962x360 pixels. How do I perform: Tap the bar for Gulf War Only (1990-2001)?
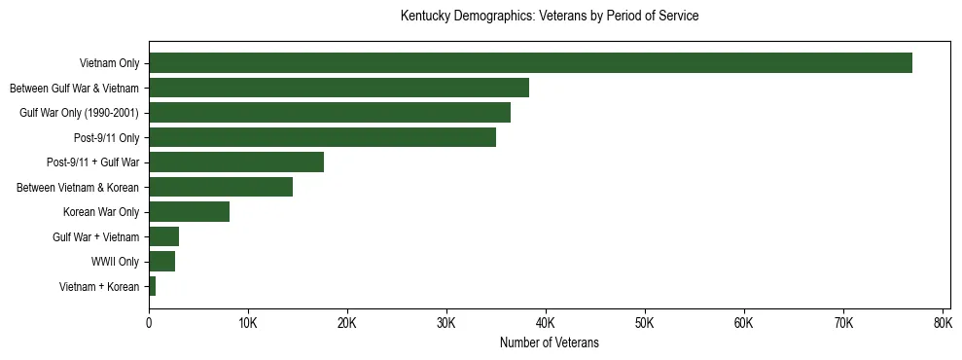coord(330,113)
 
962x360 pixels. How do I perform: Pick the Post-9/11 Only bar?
coord(322,137)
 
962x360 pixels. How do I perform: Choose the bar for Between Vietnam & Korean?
coord(221,187)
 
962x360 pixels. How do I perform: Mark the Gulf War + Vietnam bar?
coord(163,236)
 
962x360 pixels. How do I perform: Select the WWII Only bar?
coord(161,262)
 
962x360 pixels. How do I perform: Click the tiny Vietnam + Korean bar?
coord(152,286)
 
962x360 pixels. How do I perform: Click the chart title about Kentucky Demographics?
coord(550,17)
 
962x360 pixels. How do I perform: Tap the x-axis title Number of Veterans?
coord(549,343)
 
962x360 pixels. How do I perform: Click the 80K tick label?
coord(942,322)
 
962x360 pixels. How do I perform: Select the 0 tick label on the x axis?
coord(149,322)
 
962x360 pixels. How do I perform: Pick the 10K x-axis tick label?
coord(248,322)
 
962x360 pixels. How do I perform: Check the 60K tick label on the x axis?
coord(744,322)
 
